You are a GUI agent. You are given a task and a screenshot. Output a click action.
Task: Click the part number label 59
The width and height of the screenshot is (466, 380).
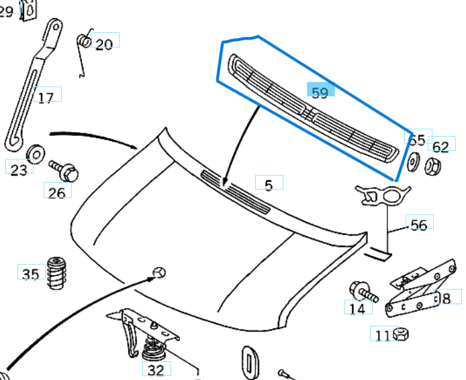(x=320, y=92)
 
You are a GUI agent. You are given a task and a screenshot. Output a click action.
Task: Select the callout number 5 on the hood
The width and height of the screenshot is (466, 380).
(x=269, y=184)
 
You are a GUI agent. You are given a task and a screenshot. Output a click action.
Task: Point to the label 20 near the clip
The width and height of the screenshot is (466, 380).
(x=104, y=44)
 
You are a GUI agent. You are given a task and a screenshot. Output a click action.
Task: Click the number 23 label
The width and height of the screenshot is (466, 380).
(x=19, y=169)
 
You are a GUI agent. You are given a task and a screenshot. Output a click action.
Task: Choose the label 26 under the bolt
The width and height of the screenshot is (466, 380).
(x=58, y=193)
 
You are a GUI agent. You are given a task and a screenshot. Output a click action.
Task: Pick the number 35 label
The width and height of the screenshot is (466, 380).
(x=30, y=273)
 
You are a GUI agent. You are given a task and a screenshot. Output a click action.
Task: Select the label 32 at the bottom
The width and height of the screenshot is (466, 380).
(x=156, y=369)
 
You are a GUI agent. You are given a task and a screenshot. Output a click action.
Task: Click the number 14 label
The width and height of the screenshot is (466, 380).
(x=358, y=308)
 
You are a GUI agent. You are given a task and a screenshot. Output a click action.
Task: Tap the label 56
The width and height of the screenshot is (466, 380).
(x=418, y=225)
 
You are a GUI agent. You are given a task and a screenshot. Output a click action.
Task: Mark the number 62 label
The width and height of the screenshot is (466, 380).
(x=440, y=146)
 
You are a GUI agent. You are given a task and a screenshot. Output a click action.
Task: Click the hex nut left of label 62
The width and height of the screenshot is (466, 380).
(x=433, y=164)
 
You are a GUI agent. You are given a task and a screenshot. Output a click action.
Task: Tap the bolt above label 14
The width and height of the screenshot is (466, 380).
(x=362, y=292)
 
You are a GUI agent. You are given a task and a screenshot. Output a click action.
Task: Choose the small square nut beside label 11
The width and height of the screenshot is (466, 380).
(x=402, y=333)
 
